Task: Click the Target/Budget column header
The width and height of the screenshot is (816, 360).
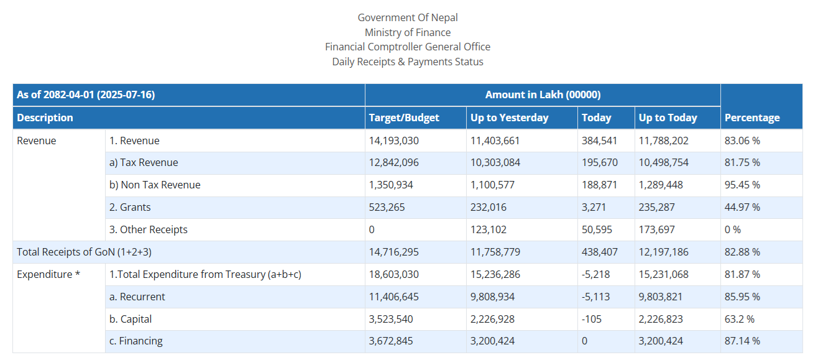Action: [404, 118]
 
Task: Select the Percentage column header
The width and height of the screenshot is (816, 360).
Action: [752, 118]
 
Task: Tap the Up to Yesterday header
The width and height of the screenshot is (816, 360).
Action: [509, 118]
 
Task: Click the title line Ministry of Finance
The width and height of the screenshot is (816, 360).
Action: [408, 32]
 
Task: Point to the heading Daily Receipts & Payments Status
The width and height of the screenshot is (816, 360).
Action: [408, 62]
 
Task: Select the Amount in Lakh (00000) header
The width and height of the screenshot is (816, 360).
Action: [543, 95]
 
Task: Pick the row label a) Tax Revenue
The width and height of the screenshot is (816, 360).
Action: [144, 162]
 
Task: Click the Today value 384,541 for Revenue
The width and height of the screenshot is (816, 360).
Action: [599, 141]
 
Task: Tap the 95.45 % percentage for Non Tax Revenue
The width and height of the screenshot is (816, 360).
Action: [742, 185]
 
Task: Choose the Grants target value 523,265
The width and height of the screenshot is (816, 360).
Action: [387, 207]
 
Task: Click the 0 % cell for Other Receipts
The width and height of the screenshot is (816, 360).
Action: [732, 229]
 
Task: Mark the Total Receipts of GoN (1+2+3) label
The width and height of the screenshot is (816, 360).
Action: [84, 252]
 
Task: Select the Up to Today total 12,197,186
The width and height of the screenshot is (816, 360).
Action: [663, 252]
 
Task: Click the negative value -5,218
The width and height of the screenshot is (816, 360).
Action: [595, 274]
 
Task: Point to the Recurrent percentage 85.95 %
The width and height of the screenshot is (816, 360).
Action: [742, 297]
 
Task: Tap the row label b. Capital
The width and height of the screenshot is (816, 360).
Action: [130, 319]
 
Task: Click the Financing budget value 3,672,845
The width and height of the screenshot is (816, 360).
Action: [391, 341]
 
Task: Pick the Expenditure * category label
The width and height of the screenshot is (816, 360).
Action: [48, 274]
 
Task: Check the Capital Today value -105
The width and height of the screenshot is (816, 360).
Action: [591, 319]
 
